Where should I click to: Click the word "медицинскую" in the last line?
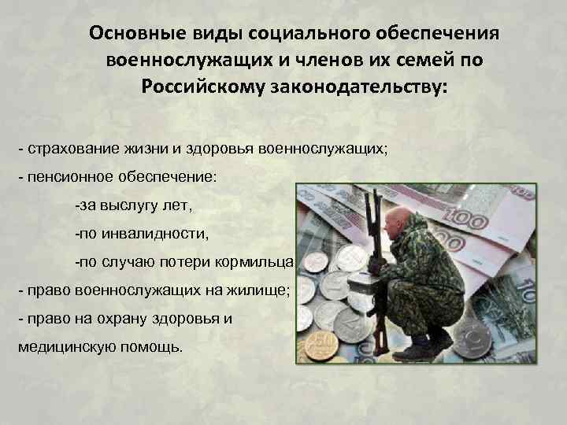click(60, 348)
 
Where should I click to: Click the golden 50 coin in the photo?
click(321, 345)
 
